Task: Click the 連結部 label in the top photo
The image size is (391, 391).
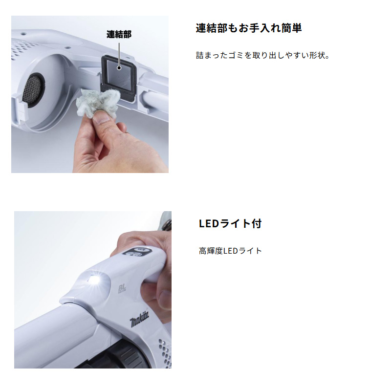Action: pos(119,34)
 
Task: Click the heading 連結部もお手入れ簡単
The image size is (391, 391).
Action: pos(248,28)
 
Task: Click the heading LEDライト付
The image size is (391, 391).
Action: pos(230,224)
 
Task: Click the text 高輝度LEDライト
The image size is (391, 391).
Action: pos(230,251)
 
